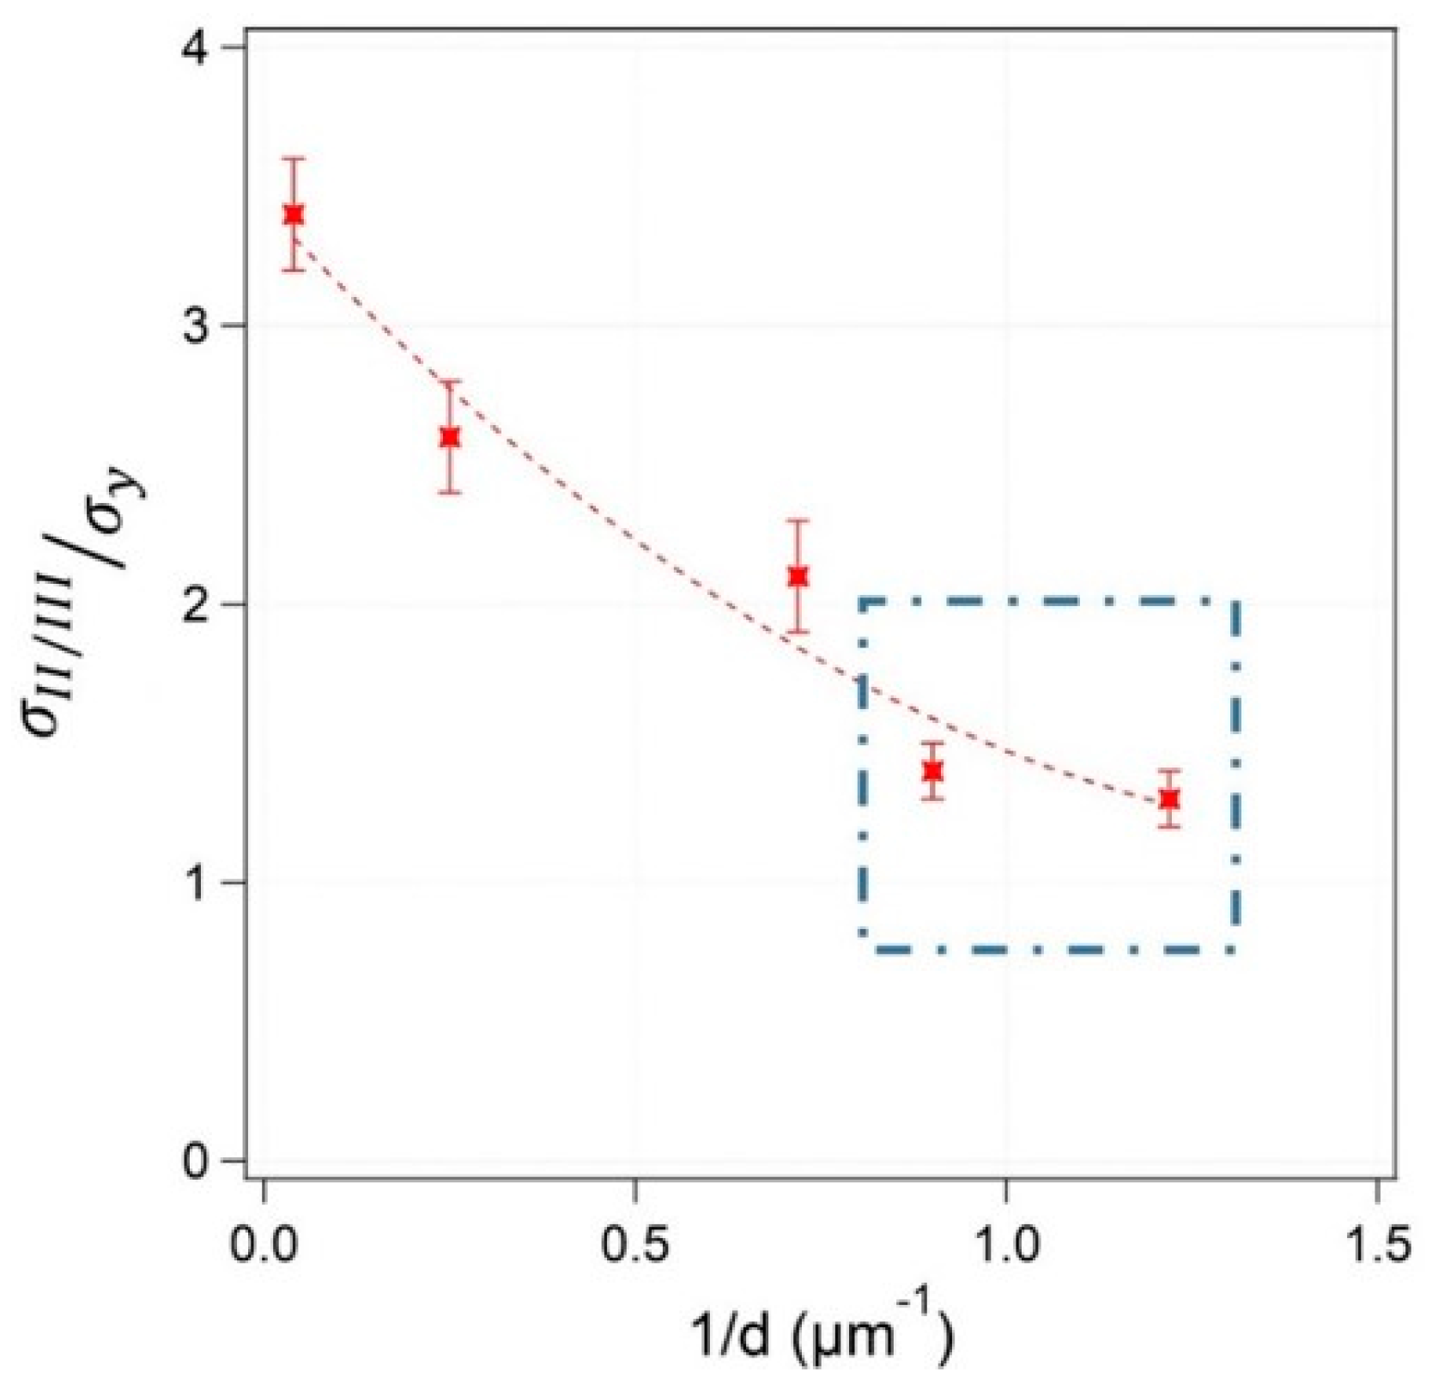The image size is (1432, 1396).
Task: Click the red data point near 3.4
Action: [294, 215]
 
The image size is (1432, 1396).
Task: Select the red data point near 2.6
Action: [449, 437]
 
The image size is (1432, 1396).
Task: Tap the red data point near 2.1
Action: [798, 576]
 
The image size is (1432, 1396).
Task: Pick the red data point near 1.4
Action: [932, 771]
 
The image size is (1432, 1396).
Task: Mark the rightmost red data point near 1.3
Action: [1168, 798]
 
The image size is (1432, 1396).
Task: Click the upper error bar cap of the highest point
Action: [294, 159]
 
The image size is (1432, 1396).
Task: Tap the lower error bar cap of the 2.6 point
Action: [449, 493]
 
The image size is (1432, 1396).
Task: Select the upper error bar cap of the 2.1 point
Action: [798, 520]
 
